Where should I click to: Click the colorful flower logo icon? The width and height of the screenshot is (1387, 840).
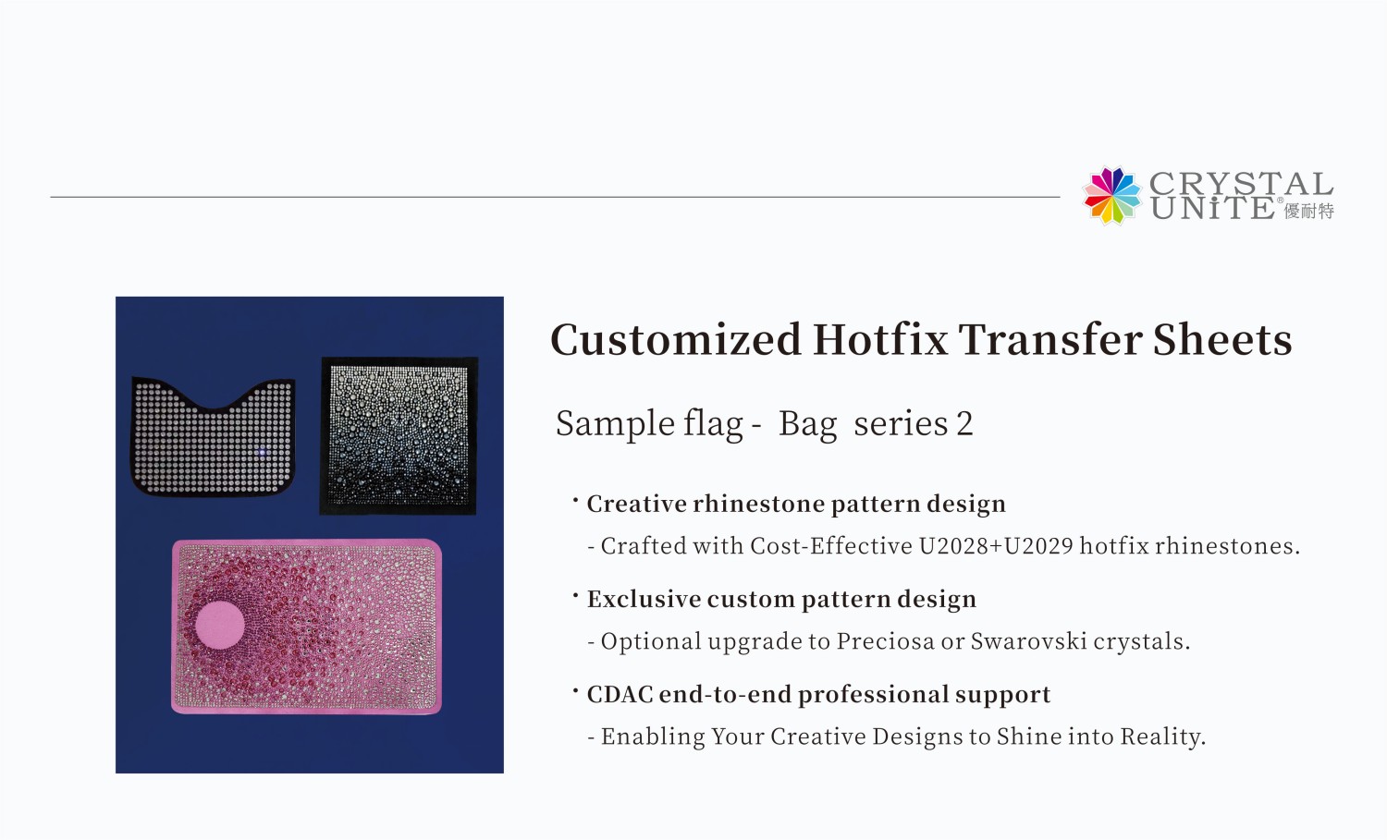point(1112,196)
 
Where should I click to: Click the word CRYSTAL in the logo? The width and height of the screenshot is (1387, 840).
point(1240,183)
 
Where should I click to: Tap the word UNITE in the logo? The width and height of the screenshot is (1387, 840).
point(1212,209)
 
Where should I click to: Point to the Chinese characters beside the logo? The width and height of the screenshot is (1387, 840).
point(1308,212)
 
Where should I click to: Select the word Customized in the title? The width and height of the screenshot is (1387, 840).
point(675,339)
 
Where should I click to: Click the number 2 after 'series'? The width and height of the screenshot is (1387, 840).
point(964,424)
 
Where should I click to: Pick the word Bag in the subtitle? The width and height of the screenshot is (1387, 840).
point(807,424)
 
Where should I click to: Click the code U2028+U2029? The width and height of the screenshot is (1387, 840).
point(995,546)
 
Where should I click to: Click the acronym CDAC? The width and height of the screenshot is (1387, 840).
point(620,694)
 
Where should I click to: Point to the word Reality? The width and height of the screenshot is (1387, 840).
point(1162,737)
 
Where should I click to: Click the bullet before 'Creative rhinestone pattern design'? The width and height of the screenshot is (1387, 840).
point(575,500)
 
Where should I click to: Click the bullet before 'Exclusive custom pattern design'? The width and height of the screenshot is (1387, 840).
point(575,595)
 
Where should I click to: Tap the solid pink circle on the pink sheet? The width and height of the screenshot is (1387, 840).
point(220,625)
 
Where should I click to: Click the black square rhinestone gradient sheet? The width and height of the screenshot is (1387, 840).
point(399,435)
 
